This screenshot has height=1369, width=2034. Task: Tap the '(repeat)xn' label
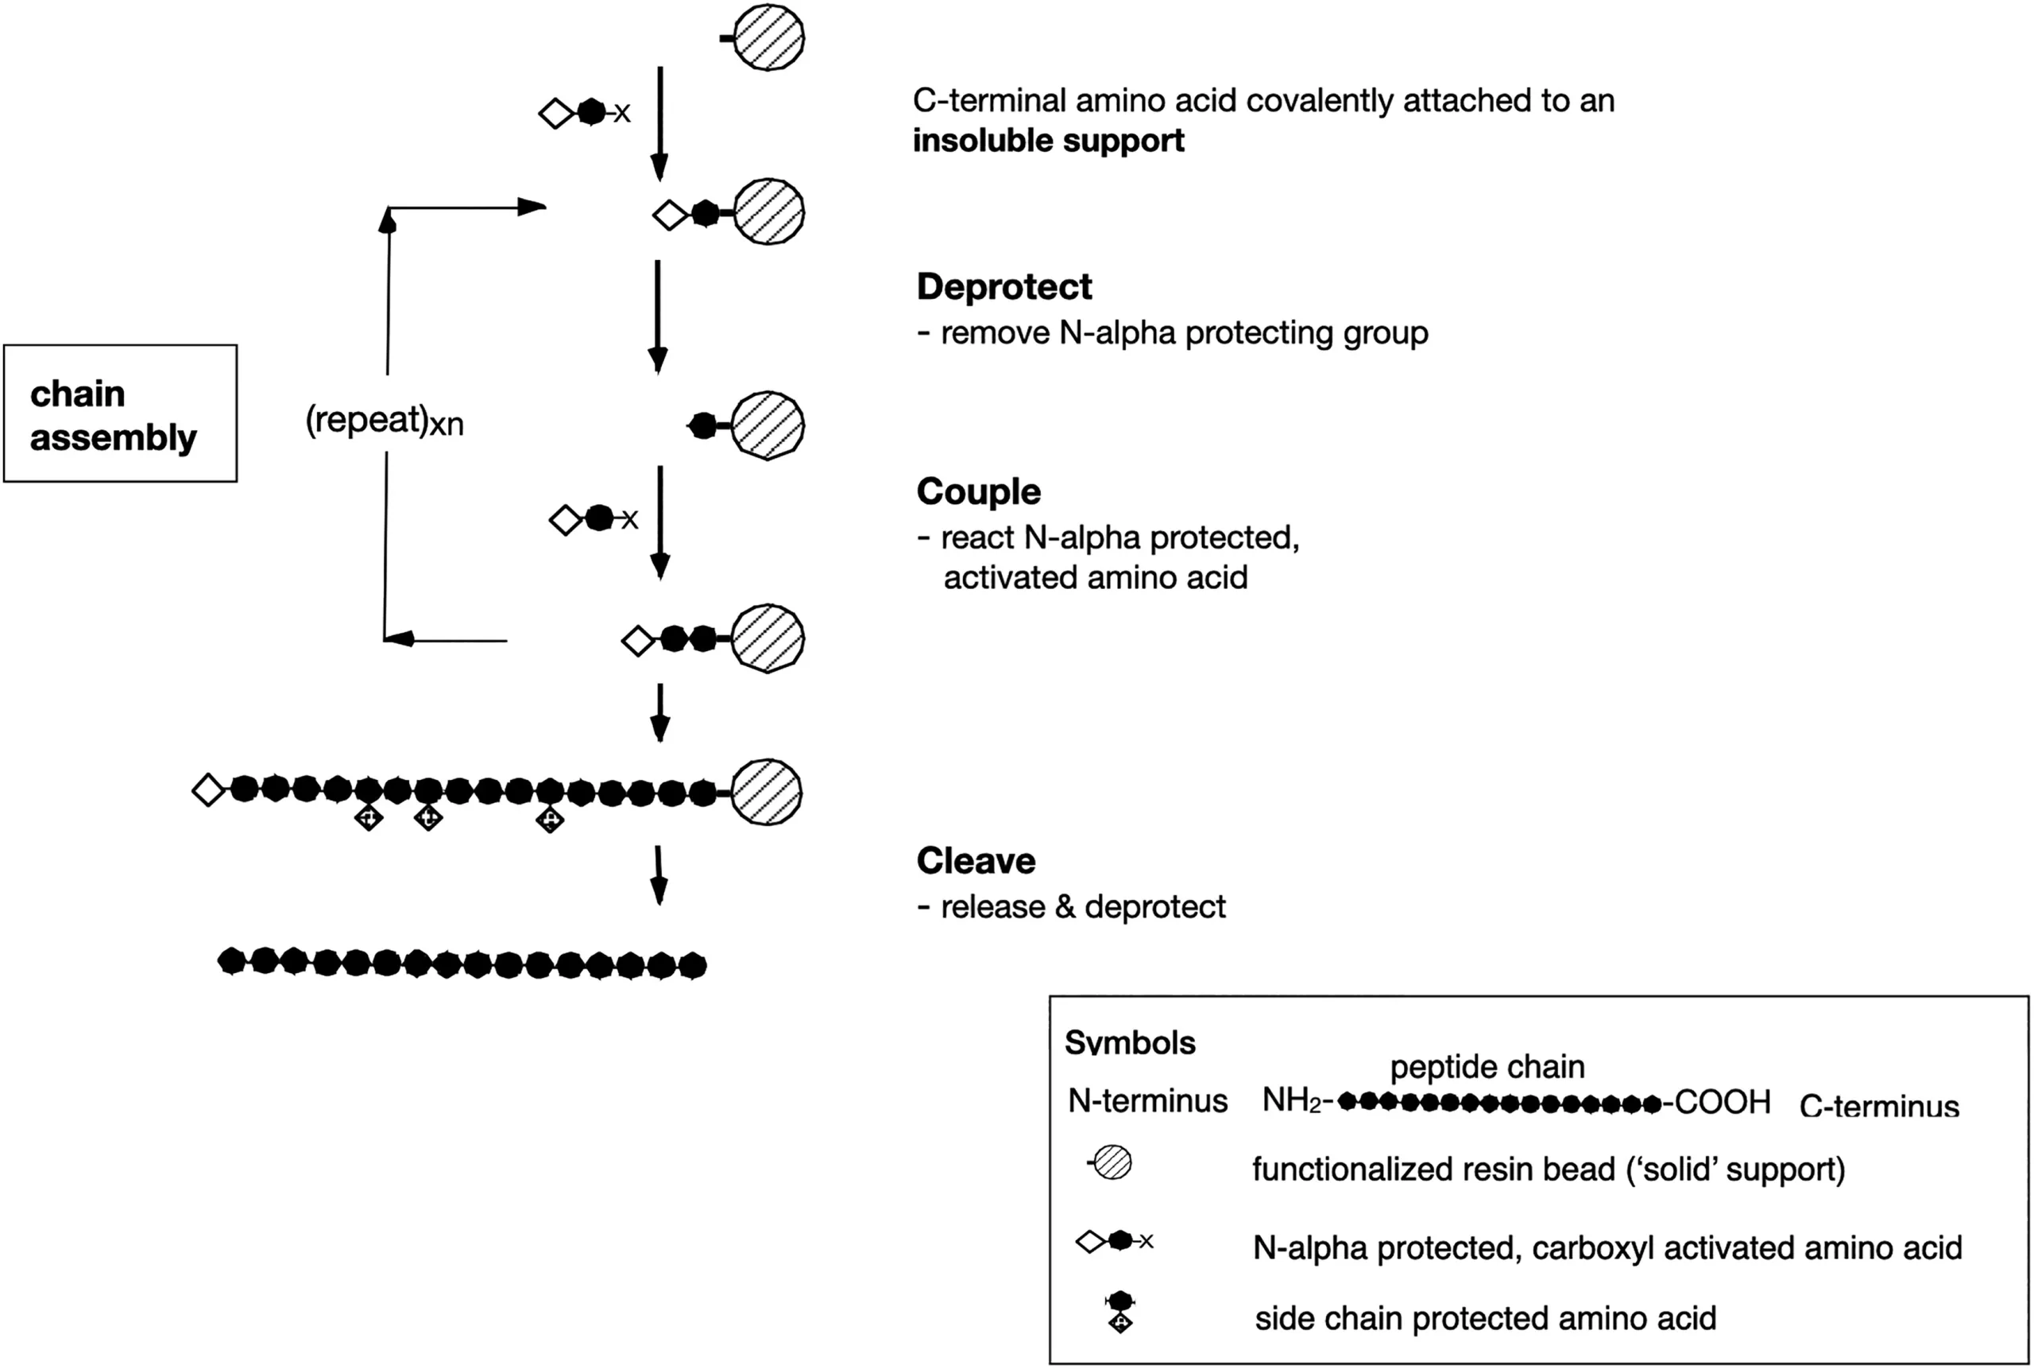click(384, 421)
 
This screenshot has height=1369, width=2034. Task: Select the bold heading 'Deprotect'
click(1003, 287)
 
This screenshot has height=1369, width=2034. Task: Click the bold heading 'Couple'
click(978, 491)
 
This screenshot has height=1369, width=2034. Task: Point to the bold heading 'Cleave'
click(976, 861)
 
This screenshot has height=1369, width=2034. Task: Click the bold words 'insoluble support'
click(1048, 141)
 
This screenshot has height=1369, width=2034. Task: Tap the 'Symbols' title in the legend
click(1130, 1042)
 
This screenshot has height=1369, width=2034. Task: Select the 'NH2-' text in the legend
click(1297, 1101)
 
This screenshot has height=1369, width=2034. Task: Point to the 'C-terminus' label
click(1879, 1106)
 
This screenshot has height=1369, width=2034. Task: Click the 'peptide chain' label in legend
click(1487, 1066)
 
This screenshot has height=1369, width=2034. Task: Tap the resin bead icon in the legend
click(1112, 1163)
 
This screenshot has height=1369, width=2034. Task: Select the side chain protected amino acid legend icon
click(1119, 1313)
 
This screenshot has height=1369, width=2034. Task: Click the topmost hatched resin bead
click(768, 37)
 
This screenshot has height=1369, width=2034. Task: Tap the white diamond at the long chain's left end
click(208, 790)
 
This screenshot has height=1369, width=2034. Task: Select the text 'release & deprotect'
click(1083, 907)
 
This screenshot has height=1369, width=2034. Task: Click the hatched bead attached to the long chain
click(766, 792)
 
